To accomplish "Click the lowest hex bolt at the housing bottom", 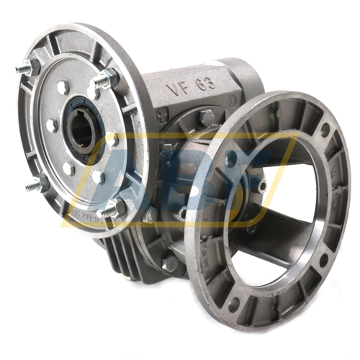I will [168, 264].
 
